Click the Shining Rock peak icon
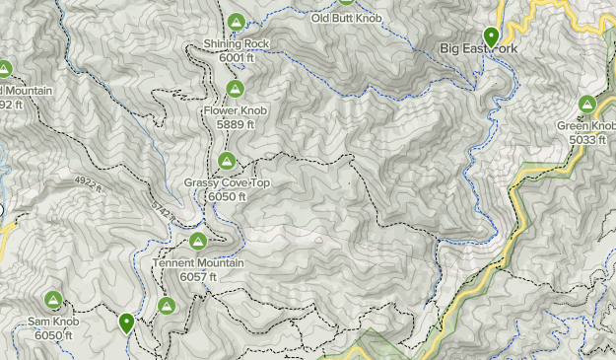pos(236,22)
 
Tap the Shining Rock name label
pos(236,44)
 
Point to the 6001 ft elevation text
pos(237,58)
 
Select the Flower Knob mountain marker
pos(235,90)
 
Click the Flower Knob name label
pos(235,111)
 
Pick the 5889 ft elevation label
pos(236,125)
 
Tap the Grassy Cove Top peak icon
pos(226,161)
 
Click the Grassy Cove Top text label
pos(227,183)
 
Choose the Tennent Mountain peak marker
pos(197,241)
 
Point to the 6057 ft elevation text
pos(199,278)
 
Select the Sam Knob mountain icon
pos(52,300)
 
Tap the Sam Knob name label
pos(52,323)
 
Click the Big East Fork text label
pos(477,47)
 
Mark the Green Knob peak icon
pos(588,104)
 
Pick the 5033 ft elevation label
pos(588,140)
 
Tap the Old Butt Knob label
pos(346,18)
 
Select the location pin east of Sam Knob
pos(127,322)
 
